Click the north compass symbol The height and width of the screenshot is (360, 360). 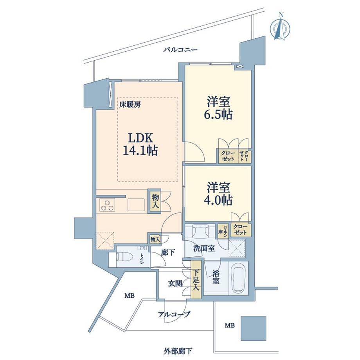[280, 27]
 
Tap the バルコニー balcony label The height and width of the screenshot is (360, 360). [180, 50]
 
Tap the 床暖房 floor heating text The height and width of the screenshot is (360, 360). [130, 104]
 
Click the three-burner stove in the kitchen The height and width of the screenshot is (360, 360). [107, 205]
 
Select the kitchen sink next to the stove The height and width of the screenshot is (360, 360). [136, 205]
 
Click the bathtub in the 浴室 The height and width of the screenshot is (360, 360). [239, 278]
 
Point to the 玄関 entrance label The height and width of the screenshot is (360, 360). [175, 284]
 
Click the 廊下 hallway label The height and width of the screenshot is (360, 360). [168, 253]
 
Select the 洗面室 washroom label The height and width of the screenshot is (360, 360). [204, 248]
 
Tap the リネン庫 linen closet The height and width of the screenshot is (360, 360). [223, 231]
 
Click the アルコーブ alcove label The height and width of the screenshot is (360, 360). [174, 314]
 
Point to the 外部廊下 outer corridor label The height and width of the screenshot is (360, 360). [178, 351]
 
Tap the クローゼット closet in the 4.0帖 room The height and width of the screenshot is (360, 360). [241, 230]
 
